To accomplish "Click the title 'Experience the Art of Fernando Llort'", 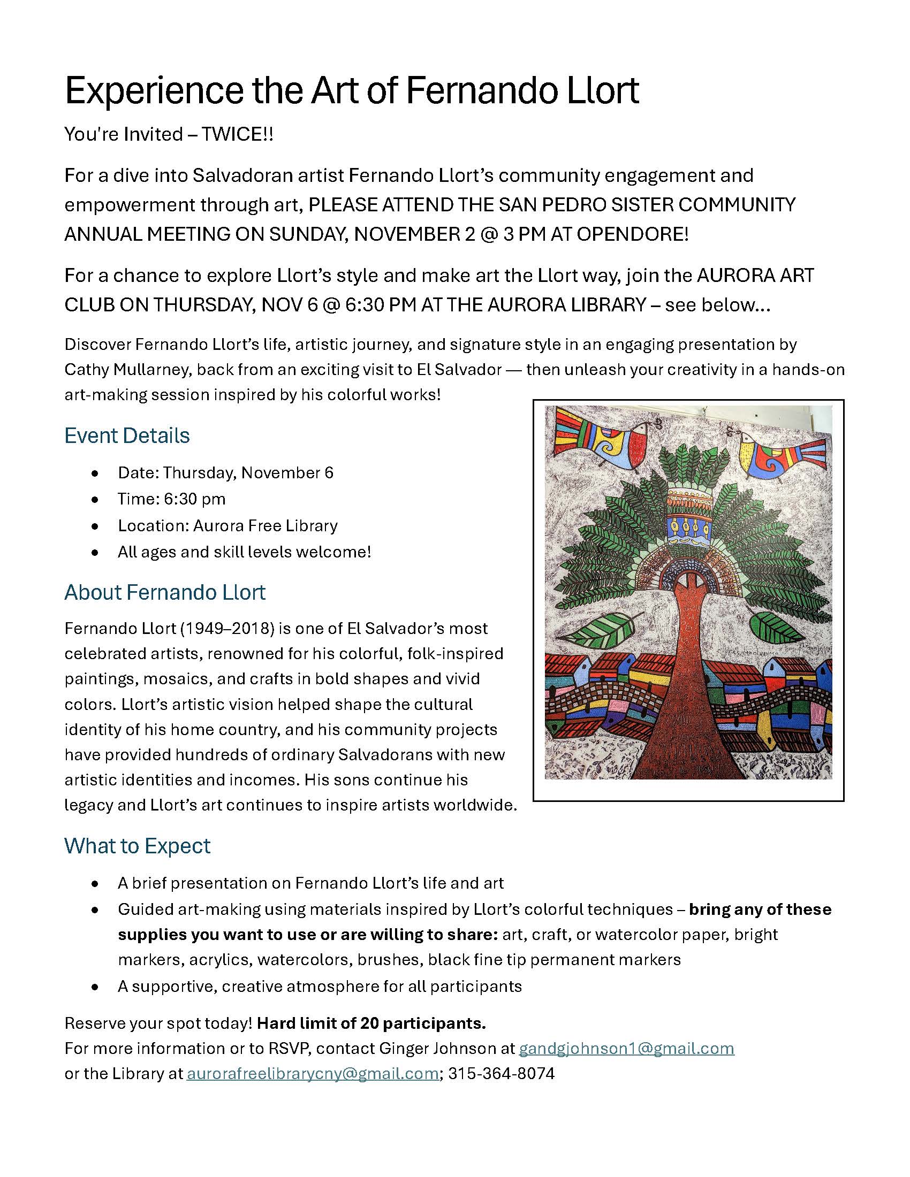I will (352, 90).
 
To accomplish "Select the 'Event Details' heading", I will (127, 435).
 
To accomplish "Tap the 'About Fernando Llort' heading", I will (164, 592).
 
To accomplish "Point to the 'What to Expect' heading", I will (137, 845).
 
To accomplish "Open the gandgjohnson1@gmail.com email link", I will (626, 1048).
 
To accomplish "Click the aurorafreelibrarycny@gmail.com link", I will (312, 1074).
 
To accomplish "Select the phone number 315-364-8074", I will (502, 1074).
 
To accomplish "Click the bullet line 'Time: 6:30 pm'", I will (171, 499).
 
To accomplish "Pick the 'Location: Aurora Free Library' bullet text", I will (227, 525).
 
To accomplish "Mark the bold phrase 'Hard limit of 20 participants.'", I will (371, 1023).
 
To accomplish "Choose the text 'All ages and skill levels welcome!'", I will (244, 552).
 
